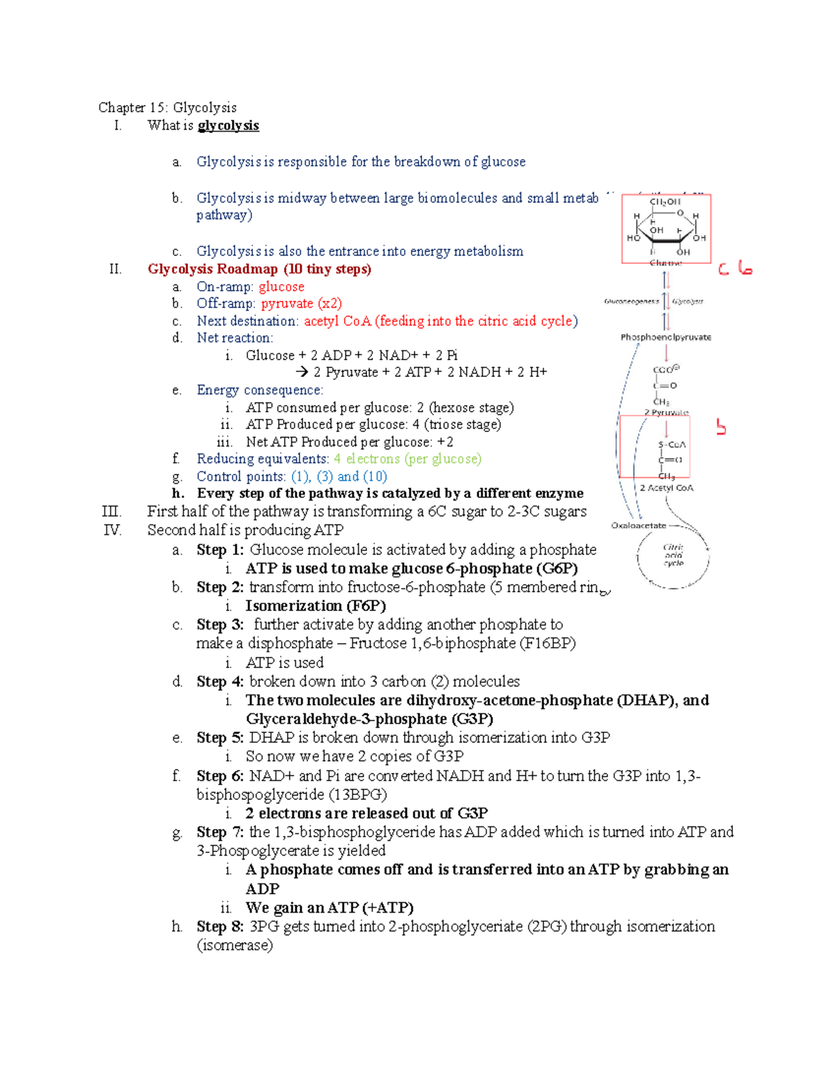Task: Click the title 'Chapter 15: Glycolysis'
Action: [x=167, y=107]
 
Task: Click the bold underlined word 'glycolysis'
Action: [x=229, y=125]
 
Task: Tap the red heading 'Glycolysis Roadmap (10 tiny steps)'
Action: [x=259, y=269]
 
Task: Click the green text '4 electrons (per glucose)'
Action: [x=407, y=458]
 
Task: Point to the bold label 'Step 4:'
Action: [x=219, y=681]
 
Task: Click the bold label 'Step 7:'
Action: [x=219, y=832]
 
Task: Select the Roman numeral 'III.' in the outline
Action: [x=111, y=511]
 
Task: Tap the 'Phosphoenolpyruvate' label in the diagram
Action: [x=666, y=337]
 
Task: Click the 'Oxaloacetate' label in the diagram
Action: [x=638, y=525]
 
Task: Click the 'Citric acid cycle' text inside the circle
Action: [x=673, y=555]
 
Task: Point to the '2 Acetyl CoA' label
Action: [x=667, y=488]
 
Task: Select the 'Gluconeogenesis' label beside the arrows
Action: [x=631, y=302]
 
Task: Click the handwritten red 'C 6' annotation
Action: [x=735, y=268]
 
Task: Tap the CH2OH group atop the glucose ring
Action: [x=665, y=202]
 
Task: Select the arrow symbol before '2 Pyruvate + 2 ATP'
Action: [x=302, y=372]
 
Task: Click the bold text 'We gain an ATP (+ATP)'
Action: [x=330, y=908]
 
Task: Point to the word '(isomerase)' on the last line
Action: [x=235, y=945]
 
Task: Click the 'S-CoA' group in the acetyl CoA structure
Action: [x=672, y=445]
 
